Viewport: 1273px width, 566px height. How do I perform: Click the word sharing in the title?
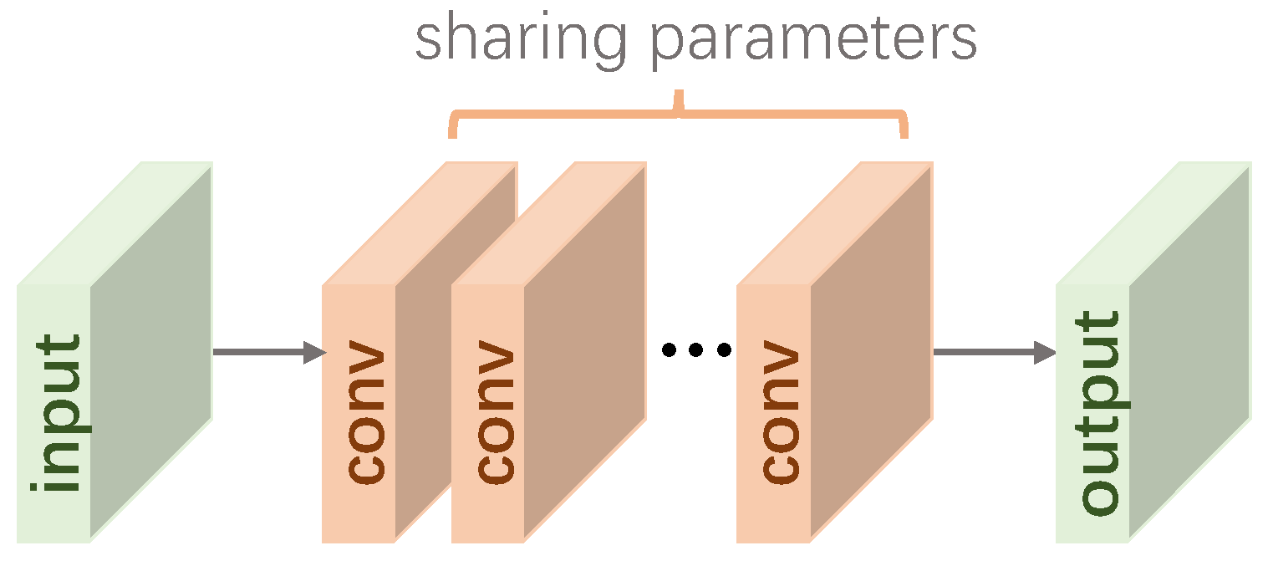(519, 40)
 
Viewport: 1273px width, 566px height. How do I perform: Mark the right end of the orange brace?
(904, 130)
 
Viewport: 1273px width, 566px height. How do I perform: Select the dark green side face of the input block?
(150, 351)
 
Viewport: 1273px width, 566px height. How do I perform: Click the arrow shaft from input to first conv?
(259, 352)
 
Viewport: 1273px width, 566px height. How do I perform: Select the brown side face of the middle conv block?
(585, 351)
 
